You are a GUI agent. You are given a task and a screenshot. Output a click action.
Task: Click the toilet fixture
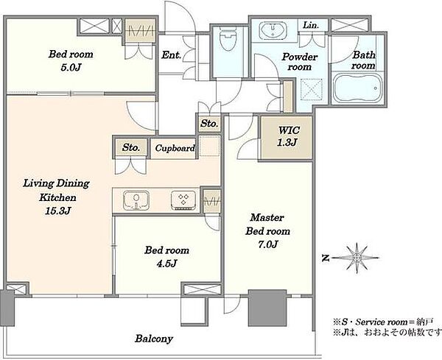tap(228, 40)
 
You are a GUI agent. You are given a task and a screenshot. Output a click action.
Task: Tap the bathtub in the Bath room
tap(357, 88)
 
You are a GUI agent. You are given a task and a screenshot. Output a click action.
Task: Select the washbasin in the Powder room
tap(273, 29)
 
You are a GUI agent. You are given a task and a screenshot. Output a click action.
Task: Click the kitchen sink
tap(136, 200)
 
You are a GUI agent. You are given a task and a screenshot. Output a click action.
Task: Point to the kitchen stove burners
tap(183, 200)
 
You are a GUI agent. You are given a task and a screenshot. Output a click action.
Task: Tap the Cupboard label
tap(175, 148)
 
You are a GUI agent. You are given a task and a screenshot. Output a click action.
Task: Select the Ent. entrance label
tap(171, 54)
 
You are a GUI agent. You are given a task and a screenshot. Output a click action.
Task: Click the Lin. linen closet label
tap(311, 25)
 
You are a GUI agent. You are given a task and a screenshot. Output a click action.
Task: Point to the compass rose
tap(357, 258)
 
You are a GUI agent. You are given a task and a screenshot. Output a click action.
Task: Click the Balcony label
tap(154, 339)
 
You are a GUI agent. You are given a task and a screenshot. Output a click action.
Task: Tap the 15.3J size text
tap(57, 211)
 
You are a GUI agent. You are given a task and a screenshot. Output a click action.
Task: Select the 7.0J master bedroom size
tap(268, 244)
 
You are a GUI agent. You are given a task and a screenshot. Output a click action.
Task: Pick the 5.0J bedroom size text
tap(71, 68)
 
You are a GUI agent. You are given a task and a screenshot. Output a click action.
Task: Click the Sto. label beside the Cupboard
tap(131, 147)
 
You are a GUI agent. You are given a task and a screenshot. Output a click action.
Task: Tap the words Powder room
tap(299, 62)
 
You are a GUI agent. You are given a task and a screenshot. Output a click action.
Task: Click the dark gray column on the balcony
tap(267, 308)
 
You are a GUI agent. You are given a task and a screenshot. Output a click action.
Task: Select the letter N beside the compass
tap(326, 258)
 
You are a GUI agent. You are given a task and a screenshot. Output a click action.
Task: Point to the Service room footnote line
tap(383, 322)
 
